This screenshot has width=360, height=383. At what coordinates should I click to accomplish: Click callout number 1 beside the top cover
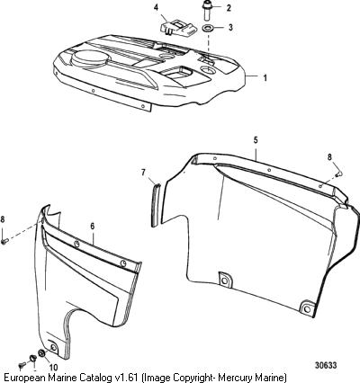point(265,78)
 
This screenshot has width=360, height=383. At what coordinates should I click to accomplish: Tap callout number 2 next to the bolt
point(229,8)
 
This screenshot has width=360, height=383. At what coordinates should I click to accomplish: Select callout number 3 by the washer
point(230,28)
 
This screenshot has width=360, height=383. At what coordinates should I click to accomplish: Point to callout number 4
point(156,7)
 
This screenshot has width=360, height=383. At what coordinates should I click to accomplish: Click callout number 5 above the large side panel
point(256,140)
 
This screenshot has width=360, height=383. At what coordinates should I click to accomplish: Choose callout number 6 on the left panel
point(93,227)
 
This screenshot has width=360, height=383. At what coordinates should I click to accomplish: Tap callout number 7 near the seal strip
point(143,173)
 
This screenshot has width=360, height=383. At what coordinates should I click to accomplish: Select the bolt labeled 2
point(206,11)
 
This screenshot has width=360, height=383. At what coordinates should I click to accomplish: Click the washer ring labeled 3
point(207,29)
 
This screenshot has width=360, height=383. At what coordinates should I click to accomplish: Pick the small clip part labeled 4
point(178,28)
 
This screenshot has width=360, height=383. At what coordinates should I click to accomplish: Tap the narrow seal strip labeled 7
point(156,205)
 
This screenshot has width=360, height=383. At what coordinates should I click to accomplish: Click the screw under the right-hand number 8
point(339,174)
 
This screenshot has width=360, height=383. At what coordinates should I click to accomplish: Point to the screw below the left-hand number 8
point(4,241)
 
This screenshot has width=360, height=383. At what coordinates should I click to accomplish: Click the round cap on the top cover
point(89,58)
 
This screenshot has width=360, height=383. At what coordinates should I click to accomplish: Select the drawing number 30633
point(326,365)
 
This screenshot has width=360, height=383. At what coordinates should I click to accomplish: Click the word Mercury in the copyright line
point(243,377)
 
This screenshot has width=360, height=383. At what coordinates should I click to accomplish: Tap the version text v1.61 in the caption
point(127,377)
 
